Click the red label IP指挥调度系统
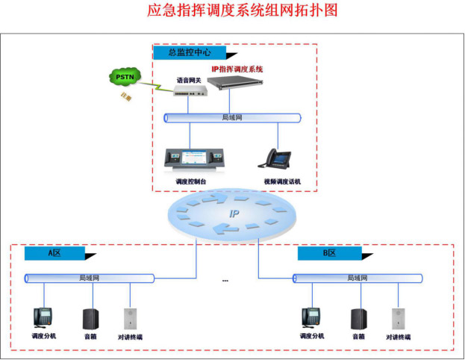point(237,69)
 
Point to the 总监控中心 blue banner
point(189,53)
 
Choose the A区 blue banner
point(55,254)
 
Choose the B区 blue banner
point(328,254)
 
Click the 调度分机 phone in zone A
point(43,317)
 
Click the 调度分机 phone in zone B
point(311,317)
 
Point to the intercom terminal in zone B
point(397,318)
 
